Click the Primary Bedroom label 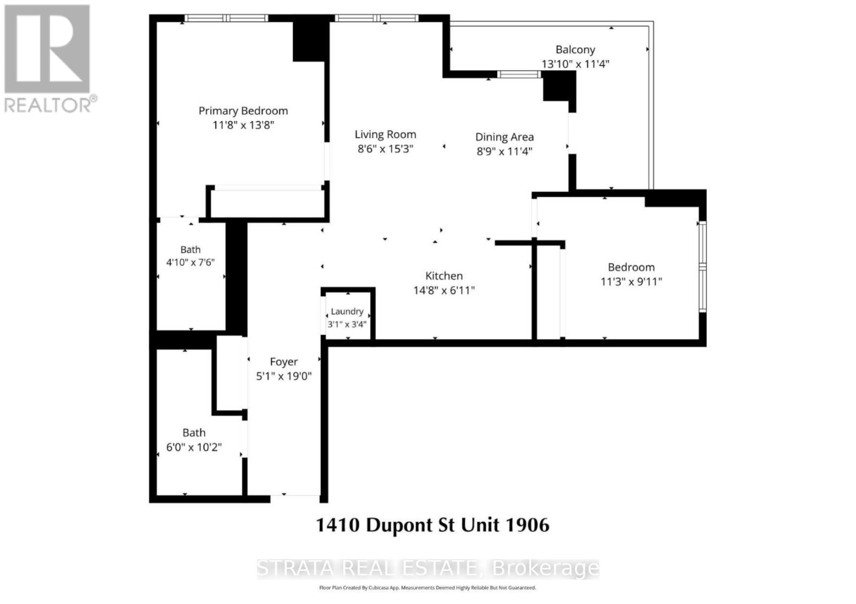[x=243, y=111]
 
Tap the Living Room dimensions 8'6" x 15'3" [x=385, y=149]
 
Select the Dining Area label [x=505, y=137]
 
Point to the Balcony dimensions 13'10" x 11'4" [x=575, y=64]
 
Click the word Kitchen [x=444, y=276]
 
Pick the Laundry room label [x=347, y=312]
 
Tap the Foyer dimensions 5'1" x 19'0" [x=284, y=376]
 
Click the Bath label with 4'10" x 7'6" [x=190, y=250]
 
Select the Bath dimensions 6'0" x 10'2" [x=194, y=447]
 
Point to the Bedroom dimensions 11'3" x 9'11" [x=631, y=282]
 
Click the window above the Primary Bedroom [x=226, y=18]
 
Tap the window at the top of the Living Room [x=377, y=18]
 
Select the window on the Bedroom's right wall [x=702, y=267]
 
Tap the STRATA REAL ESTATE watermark [x=428, y=568]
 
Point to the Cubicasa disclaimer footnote [x=427, y=587]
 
